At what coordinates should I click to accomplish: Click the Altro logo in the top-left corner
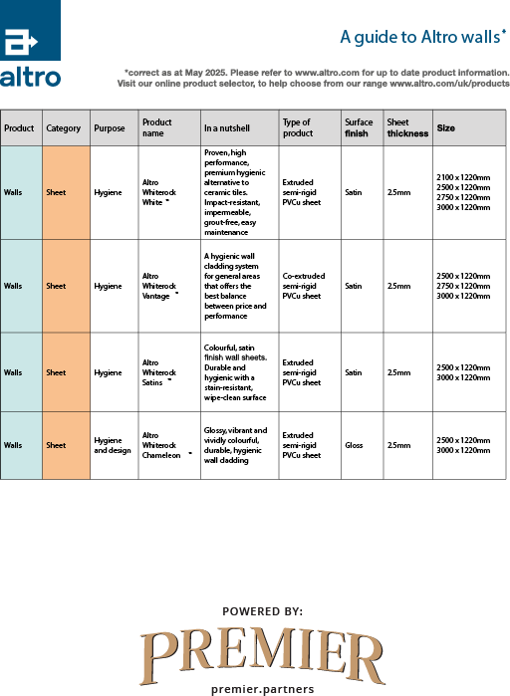pyautogui.click(x=30, y=45)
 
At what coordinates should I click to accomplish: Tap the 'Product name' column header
pyautogui.click(x=156, y=127)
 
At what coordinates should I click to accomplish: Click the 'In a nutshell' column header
pyautogui.click(x=226, y=128)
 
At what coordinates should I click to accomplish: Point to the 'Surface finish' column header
pyautogui.click(x=359, y=127)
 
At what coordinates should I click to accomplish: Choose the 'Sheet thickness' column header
pyautogui.click(x=407, y=127)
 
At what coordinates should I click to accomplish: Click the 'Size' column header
pyautogui.click(x=446, y=128)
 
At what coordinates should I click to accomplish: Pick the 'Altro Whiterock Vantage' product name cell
pyautogui.click(x=159, y=286)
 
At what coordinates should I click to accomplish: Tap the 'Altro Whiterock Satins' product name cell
pyautogui.click(x=157, y=371)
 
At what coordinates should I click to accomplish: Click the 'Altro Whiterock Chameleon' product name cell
pyautogui.click(x=162, y=445)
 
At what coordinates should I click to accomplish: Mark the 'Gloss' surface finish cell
pyautogui.click(x=354, y=445)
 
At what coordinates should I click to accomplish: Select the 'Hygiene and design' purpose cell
pyautogui.click(x=112, y=445)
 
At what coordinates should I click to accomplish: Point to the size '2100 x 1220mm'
pyautogui.click(x=463, y=177)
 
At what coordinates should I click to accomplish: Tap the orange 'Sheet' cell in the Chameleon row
pyautogui.click(x=57, y=445)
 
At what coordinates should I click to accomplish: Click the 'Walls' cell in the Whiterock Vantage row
pyautogui.click(x=13, y=286)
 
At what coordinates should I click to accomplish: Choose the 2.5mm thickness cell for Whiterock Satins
pyautogui.click(x=396, y=372)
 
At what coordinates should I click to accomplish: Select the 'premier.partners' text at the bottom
pyautogui.click(x=263, y=689)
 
